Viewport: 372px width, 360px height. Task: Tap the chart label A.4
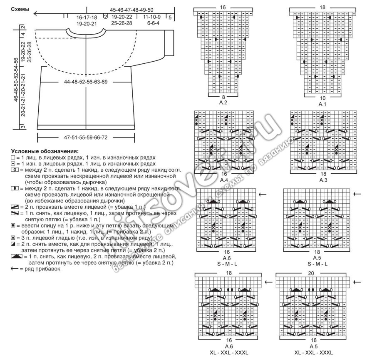(x=224, y=180)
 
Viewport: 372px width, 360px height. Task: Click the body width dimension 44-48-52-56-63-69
(x=86, y=82)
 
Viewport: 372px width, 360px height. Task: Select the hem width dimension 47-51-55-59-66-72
(x=86, y=137)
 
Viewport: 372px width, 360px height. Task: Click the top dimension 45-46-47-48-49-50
(x=132, y=10)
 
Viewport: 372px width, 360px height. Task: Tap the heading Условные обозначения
(x=45, y=151)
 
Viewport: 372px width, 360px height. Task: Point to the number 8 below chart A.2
(x=224, y=96)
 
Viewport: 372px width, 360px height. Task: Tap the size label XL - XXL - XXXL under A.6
(x=228, y=352)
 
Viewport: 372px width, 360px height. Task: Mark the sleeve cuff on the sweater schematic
(x=170, y=42)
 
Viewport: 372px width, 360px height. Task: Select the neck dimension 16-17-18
(x=87, y=17)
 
